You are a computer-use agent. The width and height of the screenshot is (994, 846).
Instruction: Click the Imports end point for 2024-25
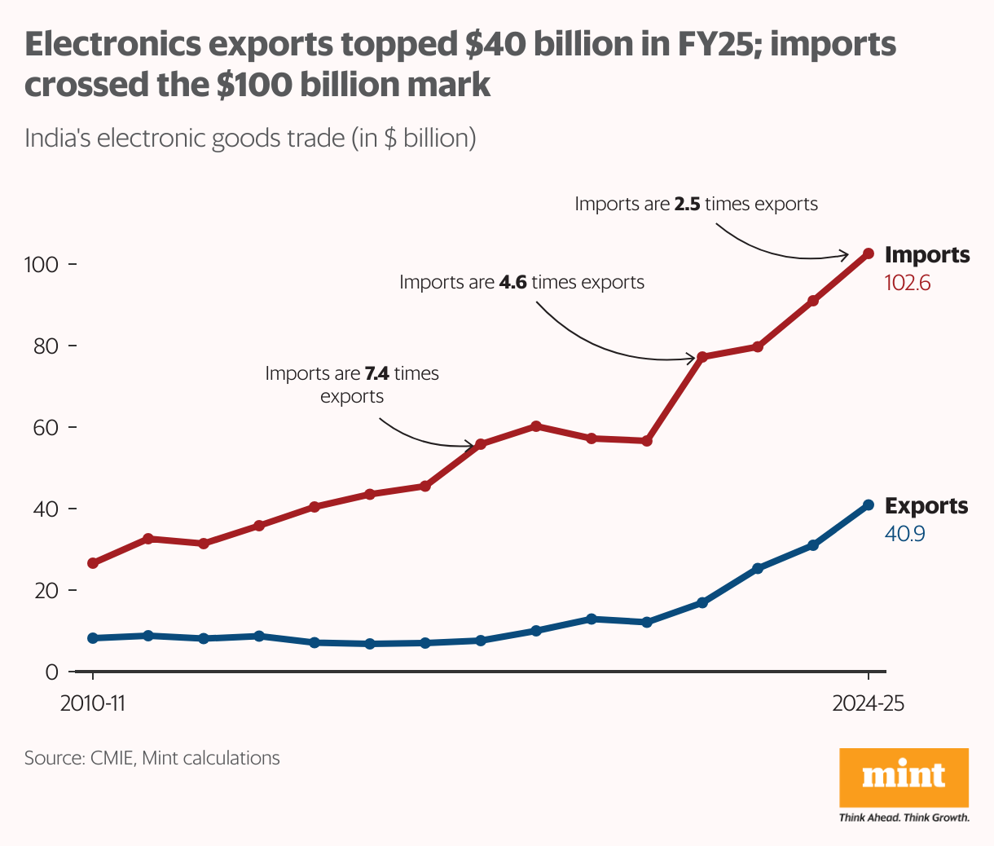(x=869, y=253)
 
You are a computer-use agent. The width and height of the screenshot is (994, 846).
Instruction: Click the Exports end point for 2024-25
(x=869, y=505)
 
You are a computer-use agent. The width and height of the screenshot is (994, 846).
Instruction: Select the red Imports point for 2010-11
(x=93, y=563)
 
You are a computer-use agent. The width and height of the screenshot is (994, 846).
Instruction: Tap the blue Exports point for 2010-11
(x=93, y=638)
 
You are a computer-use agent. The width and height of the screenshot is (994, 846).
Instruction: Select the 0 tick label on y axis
(x=52, y=672)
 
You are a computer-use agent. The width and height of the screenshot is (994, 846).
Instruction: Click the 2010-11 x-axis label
(x=93, y=703)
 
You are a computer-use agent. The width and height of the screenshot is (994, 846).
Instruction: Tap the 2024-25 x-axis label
(x=869, y=703)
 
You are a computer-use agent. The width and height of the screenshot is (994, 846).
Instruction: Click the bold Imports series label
(x=927, y=255)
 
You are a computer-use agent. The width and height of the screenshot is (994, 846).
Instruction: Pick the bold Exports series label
(x=926, y=506)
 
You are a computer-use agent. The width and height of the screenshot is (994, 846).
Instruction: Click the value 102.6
(x=908, y=283)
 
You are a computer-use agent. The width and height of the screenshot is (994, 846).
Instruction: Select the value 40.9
(x=905, y=534)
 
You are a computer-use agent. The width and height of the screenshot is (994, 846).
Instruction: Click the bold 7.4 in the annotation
(x=376, y=374)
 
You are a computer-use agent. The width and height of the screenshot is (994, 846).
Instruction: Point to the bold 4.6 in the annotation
(x=512, y=283)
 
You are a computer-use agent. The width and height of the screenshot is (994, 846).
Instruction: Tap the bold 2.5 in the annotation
(x=687, y=204)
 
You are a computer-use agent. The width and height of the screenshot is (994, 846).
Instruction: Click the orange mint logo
(x=904, y=778)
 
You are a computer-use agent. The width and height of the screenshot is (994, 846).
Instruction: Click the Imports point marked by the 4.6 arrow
(x=702, y=357)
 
